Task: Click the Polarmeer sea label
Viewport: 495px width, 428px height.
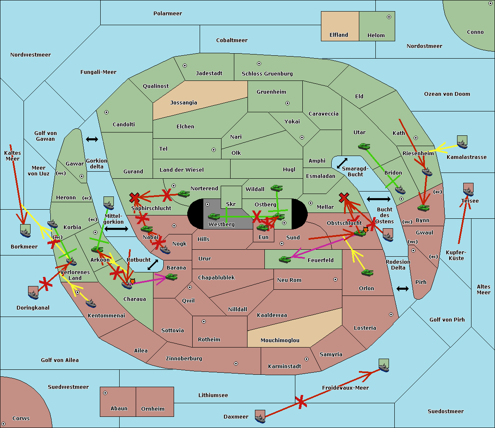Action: [167, 14]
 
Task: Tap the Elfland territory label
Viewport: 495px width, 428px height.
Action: [339, 35]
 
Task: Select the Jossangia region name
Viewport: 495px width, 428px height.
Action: [184, 103]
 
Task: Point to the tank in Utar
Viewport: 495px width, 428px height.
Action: [364, 146]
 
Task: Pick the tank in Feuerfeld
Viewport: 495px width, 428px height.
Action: [285, 259]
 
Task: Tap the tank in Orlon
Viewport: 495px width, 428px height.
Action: [367, 273]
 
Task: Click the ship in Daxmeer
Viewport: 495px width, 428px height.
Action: [260, 417]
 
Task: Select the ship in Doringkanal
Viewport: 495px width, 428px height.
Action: [33, 293]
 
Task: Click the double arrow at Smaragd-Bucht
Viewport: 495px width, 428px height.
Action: [342, 163]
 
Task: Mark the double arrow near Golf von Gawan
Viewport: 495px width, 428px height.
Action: [92, 139]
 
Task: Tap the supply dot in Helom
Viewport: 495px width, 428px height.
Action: [389, 17]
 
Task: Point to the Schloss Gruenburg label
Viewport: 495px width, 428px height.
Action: [267, 74]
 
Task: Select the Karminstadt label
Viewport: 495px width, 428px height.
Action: [285, 367]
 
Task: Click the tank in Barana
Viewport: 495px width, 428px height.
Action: [171, 277]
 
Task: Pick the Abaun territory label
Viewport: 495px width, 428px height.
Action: [119, 409]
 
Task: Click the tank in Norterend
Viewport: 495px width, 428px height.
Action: [184, 194]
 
